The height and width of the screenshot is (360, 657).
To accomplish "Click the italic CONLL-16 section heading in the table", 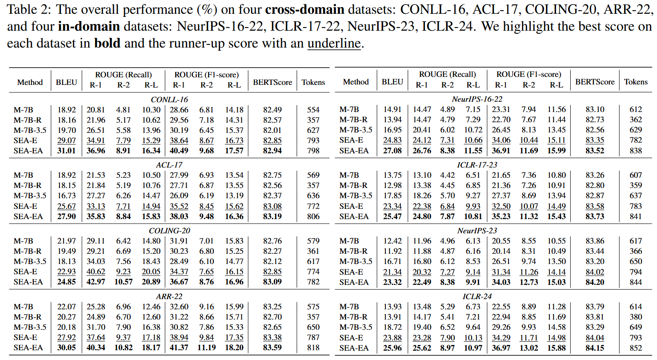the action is [169, 100].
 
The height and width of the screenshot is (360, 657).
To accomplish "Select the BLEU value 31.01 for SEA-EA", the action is [66, 151].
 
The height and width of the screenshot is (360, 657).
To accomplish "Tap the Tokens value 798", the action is [313, 151].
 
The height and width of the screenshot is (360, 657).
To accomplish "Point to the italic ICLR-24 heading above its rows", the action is [477, 296].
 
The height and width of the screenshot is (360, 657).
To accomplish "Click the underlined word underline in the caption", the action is [334, 44].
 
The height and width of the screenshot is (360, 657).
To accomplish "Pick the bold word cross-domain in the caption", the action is [305, 9].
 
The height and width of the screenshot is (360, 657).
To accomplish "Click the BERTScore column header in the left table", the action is [272, 82].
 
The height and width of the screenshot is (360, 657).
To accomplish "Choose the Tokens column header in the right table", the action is [636, 82].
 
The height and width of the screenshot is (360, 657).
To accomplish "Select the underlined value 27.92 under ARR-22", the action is [66, 337].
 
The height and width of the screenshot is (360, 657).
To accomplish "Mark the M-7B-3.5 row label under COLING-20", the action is [30, 261].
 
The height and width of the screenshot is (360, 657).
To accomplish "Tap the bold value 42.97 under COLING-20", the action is [96, 282].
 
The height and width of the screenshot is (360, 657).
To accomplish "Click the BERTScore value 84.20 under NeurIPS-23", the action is [595, 282].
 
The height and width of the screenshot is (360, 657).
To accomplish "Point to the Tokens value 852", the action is [636, 348].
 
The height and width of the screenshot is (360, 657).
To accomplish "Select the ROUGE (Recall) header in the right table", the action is [447, 75].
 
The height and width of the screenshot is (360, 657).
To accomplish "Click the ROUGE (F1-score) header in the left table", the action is [207, 75].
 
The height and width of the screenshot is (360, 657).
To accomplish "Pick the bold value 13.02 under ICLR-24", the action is [529, 348].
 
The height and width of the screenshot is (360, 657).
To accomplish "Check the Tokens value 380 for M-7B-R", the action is [636, 317].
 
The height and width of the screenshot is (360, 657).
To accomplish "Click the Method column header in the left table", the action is [30, 82].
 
